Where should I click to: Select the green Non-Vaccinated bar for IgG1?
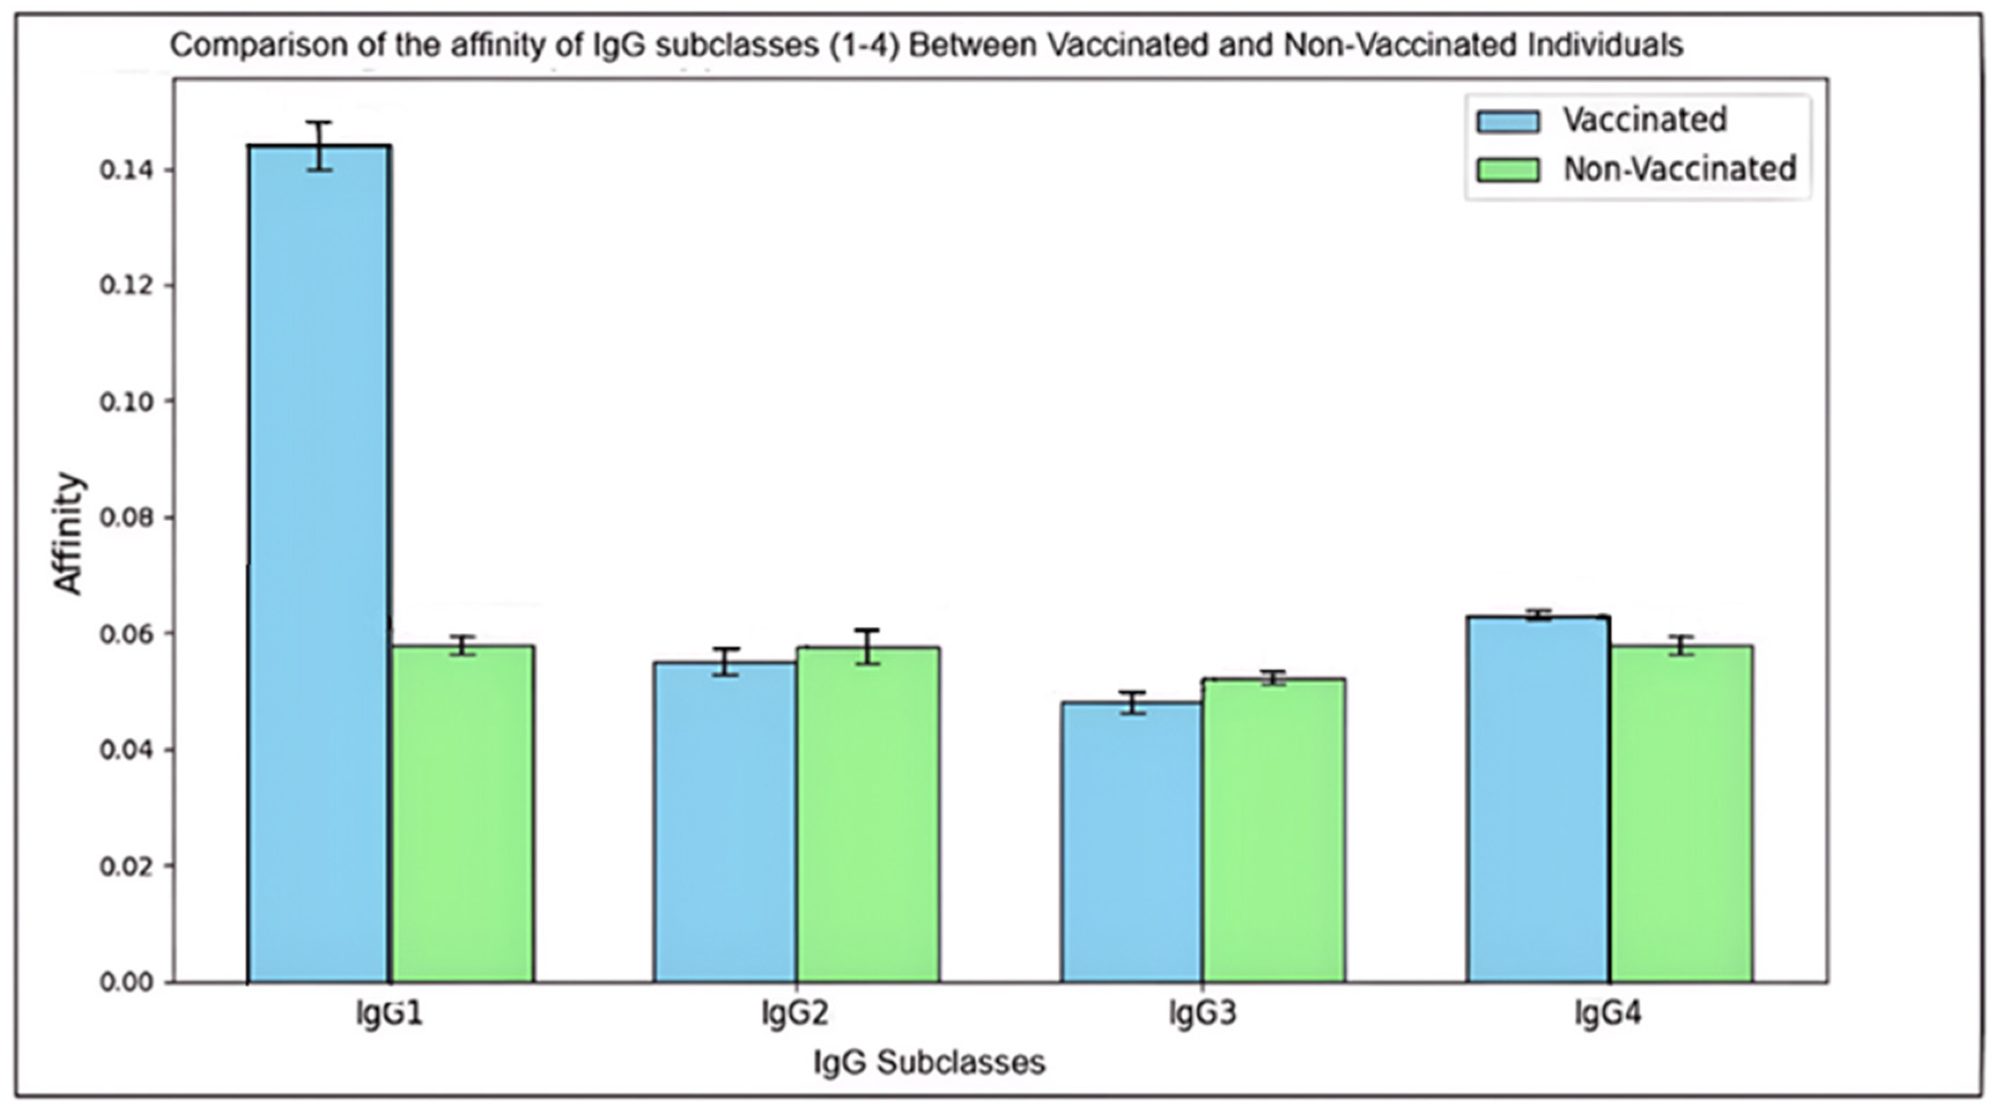(462, 814)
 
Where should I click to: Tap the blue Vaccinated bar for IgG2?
(725, 821)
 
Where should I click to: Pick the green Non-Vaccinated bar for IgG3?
(1273, 829)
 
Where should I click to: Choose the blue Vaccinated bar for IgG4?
(1537, 798)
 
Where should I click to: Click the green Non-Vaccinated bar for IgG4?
(1681, 814)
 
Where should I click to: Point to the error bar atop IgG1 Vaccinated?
(319, 146)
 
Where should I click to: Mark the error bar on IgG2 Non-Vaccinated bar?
(868, 647)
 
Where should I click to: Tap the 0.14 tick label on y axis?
(125, 171)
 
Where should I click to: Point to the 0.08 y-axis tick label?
(125, 517)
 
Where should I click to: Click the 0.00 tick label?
(125, 983)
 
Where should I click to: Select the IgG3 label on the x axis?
(1202, 1013)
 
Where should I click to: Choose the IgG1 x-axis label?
(390, 1013)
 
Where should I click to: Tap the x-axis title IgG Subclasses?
(929, 1062)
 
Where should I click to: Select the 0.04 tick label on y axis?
(125, 750)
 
